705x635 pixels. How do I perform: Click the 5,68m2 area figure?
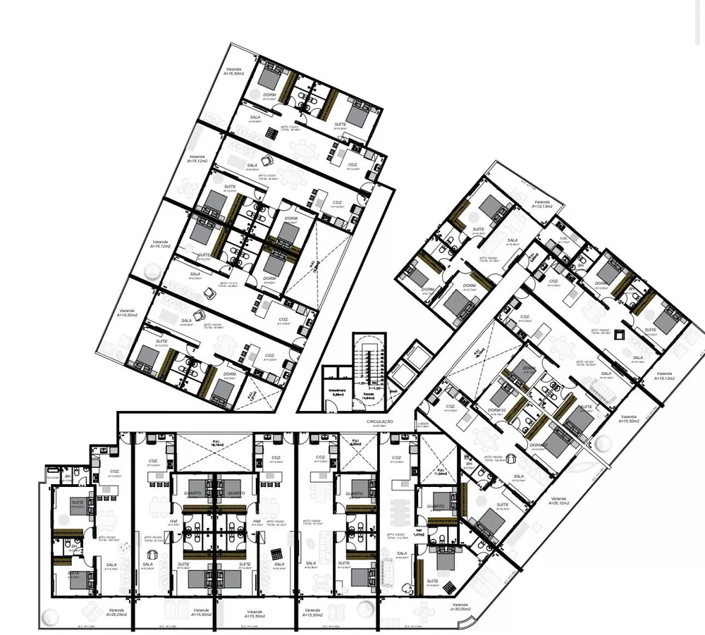tap(337, 394)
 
